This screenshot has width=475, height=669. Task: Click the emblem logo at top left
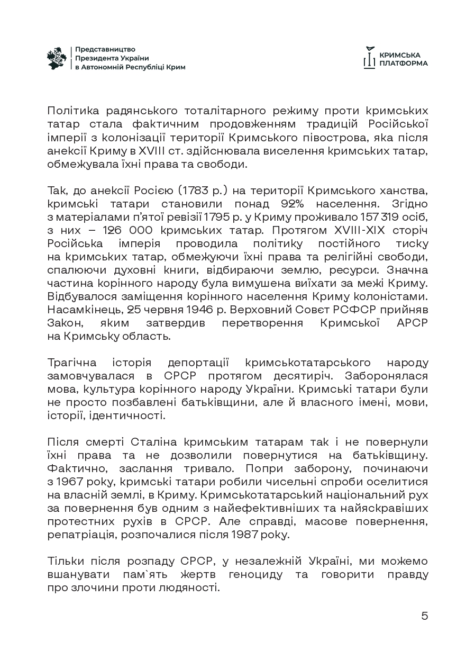pos(57,58)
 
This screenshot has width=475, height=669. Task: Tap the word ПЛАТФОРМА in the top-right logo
pos(404,63)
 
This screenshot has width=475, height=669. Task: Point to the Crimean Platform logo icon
pos(369,58)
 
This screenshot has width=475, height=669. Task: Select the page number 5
pos(424,616)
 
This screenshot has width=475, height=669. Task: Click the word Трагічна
pos(72,363)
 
